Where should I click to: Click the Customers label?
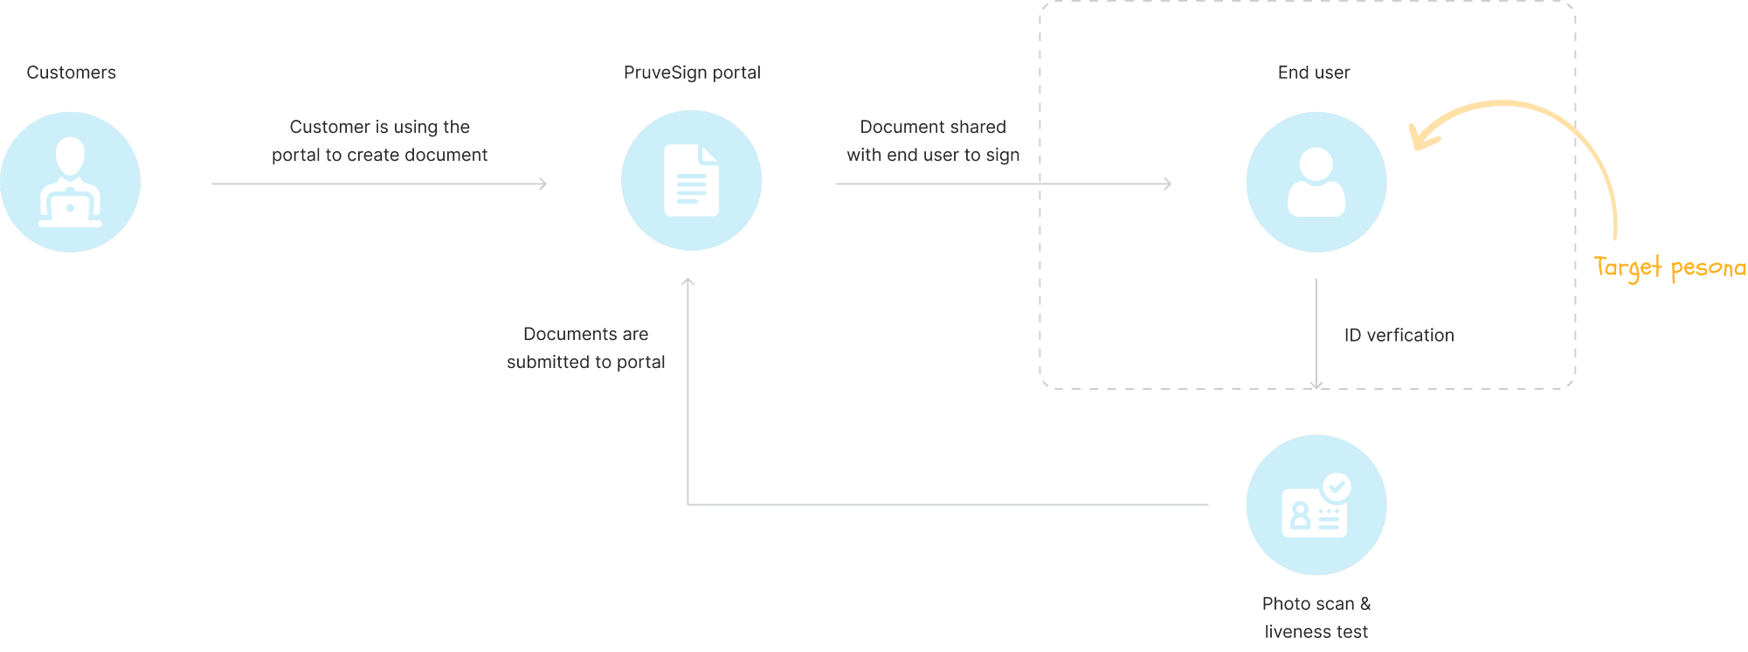point(71,73)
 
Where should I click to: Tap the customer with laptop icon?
point(70,182)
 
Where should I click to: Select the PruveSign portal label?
point(692,73)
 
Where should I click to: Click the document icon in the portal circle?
point(691,181)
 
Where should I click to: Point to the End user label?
point(1314,73)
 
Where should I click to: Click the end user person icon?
point(1316,182)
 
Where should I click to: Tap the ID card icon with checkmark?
point(1315,507)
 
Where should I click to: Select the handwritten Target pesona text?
point(1669,267)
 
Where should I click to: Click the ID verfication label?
point(1399,335)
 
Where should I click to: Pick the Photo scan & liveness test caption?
point(1316,617)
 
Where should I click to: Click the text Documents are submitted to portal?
point(586,348)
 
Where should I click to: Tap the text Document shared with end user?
point(933,141)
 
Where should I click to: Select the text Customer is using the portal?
point(379,141)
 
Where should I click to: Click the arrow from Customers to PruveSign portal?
point(379,184)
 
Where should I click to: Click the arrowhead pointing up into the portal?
point(687,282)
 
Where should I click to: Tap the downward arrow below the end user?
point(1316,332)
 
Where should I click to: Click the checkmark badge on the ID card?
point(1337,487)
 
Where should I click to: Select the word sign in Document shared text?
point(1003,156)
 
